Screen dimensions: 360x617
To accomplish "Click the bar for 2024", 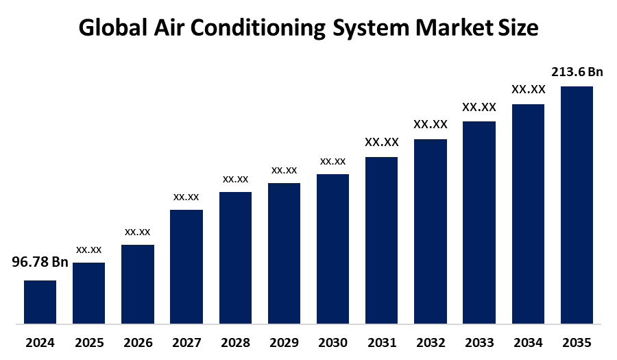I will pyautogui.click(x=40, y=302).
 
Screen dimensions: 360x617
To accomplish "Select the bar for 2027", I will pyautogui.click(x=186, y=266).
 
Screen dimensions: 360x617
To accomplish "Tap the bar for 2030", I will pyautogui.click(x=332, y=248).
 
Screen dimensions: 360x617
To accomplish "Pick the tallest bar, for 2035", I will pyautogui.click(x=577, y=204).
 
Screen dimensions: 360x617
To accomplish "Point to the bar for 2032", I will pyautogui.click(x=431, y=231).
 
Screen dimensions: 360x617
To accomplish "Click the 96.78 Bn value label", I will pyautogui.click(x=40, y=262).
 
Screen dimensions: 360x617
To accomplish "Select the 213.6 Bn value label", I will pyautogui.click(x=577, y=71).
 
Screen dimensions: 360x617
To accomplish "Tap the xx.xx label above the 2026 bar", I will pyautogui.click(x=137, y=232).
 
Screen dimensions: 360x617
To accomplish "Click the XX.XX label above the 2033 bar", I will pyautogui.click(x=479, y=107).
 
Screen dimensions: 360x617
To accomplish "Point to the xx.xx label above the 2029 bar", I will pyautogui.click(x=284, y=170).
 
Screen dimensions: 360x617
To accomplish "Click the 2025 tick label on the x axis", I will pyautogui.click(x=88, y=342).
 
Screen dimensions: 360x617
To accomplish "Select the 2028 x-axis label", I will pyautogui.click(x=235, y=342).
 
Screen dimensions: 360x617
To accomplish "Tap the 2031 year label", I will pyautogui.click(x=381, y=342).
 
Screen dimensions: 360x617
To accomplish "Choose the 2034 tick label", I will pyautogui.click(x=528, y=342).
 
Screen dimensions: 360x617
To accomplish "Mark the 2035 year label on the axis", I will pyautogui.click(x=577, y=342).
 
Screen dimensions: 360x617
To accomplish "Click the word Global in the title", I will pyautogui.click(x=112, y=28).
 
